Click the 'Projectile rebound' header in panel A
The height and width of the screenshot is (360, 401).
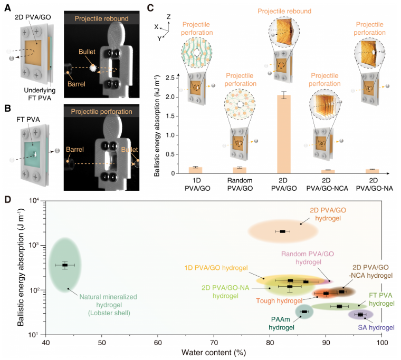tap(101, 20)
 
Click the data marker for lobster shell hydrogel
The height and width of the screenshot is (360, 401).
tap(65, 265)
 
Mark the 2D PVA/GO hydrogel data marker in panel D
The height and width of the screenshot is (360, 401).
tap(283, 231)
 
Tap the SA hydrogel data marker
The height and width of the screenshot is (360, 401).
tap(361, 315)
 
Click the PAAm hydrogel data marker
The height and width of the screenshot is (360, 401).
tap(304, 312)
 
